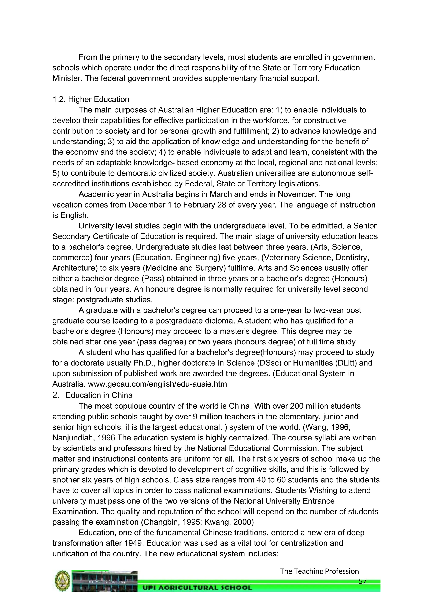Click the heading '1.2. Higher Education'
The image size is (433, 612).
[x=91, y=99]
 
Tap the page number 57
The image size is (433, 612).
[x=362, y=581]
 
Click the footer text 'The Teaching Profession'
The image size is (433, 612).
[x=319, y=571]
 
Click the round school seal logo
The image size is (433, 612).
[x=62, y=581]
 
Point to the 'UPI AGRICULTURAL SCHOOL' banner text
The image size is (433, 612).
[x=197, y=587]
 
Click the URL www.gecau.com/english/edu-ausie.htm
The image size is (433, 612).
[x=157, y=384]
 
